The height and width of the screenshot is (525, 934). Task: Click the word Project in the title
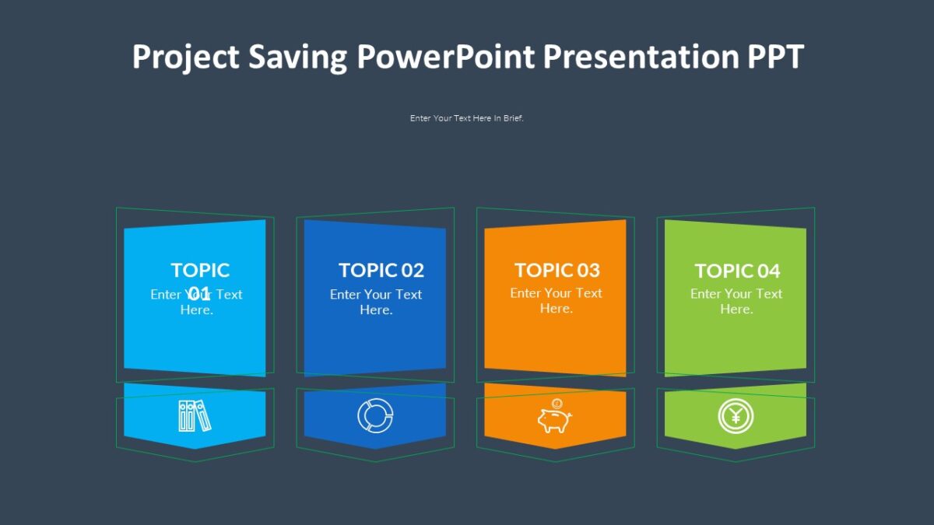point(185,58)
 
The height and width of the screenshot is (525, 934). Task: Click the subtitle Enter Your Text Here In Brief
point(467,118)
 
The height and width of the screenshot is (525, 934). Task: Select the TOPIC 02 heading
point(381,270)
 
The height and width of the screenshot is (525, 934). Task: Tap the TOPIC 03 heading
point(557,270)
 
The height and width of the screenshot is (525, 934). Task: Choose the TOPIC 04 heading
point(736,271)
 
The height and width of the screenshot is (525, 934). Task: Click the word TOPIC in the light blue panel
point(200,270)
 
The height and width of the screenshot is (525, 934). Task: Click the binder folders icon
point(195,415)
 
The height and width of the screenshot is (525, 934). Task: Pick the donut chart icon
point(375,415)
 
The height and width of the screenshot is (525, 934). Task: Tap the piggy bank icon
point(554,417)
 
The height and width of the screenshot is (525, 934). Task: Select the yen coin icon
point(736,417)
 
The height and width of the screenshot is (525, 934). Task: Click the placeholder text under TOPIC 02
point(376,302)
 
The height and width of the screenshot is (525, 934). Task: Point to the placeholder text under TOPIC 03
point(556,301)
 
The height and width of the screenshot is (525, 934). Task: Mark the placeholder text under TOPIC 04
point(736,301)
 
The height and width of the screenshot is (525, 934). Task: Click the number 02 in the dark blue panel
point(413,270)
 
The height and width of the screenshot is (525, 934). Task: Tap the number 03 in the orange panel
point(588,270)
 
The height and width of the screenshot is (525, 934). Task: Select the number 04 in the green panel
point(768,271)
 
